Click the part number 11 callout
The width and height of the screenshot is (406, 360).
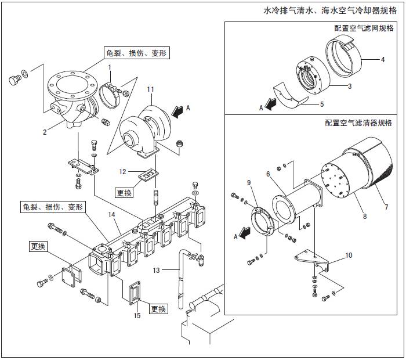(x=150, y=89)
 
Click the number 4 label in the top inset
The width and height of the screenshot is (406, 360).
(x=383, y=59)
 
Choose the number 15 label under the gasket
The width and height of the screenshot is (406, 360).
(x=137, y=316)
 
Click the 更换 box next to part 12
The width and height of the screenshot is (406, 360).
(x=125, y=192)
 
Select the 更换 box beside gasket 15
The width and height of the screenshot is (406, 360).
(x=159, y=308)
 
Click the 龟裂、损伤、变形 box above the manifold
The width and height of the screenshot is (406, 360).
(x=53, y=207)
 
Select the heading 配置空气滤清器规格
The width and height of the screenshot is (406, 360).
(x=358, y=123)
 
